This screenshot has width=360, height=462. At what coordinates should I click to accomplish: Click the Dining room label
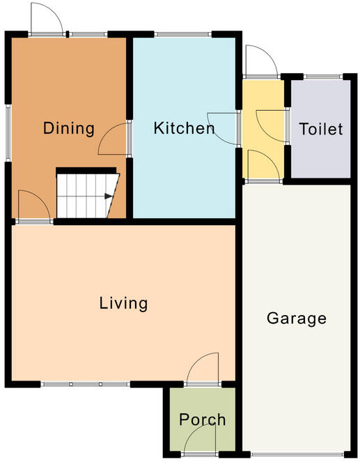[68, 128]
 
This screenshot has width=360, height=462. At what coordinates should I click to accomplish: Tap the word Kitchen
[184, 128]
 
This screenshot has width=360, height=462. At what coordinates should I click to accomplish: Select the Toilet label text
[321, 130]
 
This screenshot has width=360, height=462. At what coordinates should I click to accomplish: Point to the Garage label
[296, 319]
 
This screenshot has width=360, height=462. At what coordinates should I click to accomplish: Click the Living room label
[123, 303]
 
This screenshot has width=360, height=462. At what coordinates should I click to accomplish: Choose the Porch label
[202, 419]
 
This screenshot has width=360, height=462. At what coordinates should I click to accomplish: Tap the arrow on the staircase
[108, 197]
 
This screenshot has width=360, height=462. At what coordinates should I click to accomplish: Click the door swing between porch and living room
[204, 369]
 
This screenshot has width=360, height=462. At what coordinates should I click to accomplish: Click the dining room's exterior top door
[47, 20]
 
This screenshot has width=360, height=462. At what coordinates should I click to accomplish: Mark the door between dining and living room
[33, 207]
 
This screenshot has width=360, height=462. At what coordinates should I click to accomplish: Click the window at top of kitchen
[182, 33]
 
